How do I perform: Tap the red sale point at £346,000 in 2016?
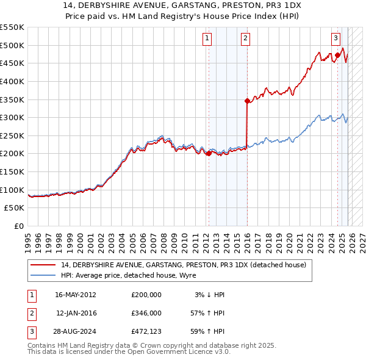pos(247,101)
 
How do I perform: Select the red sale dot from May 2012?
pos(209,154)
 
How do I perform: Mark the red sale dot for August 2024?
pos(337,55)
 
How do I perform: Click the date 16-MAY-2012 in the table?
pos(76,295)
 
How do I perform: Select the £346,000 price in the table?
pos(146,313)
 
